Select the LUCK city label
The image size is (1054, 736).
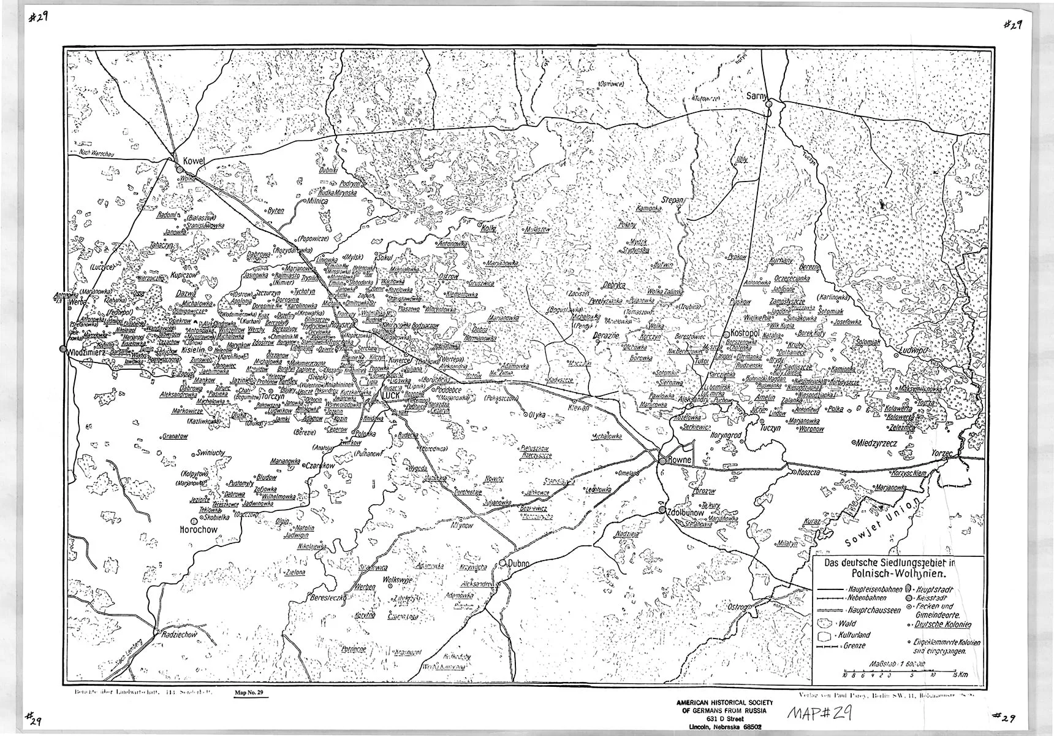pos(391,396)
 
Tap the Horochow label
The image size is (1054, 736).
pos(200,529)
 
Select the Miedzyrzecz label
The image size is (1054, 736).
pos(878,442)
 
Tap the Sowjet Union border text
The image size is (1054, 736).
pos(881,523)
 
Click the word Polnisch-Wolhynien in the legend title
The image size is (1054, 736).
pos(898,574)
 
